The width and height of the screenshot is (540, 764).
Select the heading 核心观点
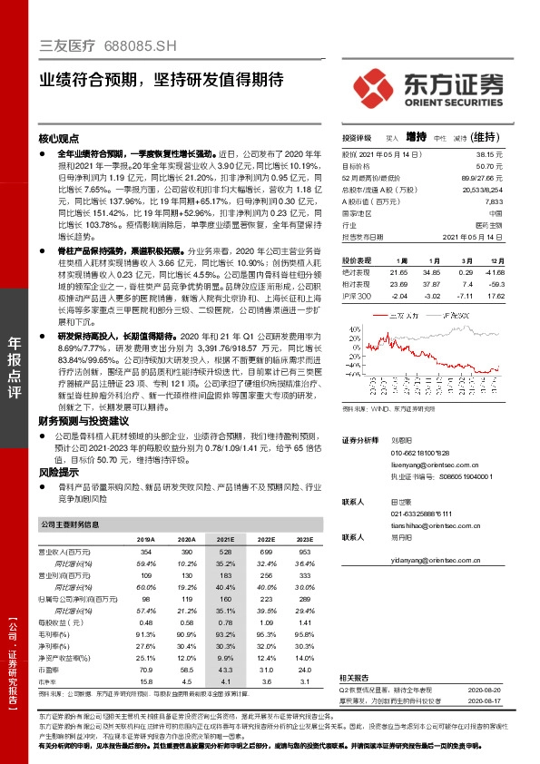pos(60,140)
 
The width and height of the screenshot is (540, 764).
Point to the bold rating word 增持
pos(416,137)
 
